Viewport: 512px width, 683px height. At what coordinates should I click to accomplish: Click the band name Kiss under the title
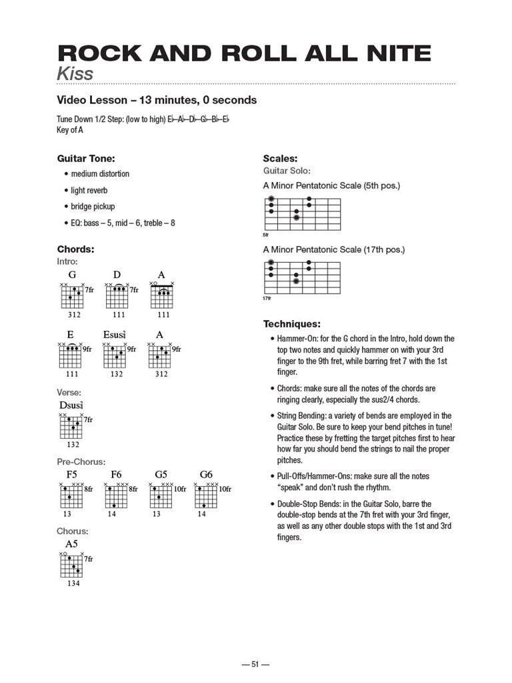75,73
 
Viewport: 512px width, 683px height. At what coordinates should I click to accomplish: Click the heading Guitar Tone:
86,159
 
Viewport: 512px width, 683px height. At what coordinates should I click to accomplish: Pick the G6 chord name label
206,475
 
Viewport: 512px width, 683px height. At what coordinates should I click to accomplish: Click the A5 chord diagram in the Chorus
71,566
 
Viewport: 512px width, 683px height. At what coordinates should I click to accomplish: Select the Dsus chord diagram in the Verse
71,426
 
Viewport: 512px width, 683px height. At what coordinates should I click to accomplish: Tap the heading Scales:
279,159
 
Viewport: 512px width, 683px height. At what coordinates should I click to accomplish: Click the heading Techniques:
292,324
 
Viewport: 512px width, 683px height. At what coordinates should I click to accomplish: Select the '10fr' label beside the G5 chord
180,490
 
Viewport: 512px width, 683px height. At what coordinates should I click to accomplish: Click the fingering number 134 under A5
73,583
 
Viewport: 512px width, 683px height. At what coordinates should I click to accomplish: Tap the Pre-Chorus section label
81,462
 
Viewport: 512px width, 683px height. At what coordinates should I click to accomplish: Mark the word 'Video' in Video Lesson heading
73,100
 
